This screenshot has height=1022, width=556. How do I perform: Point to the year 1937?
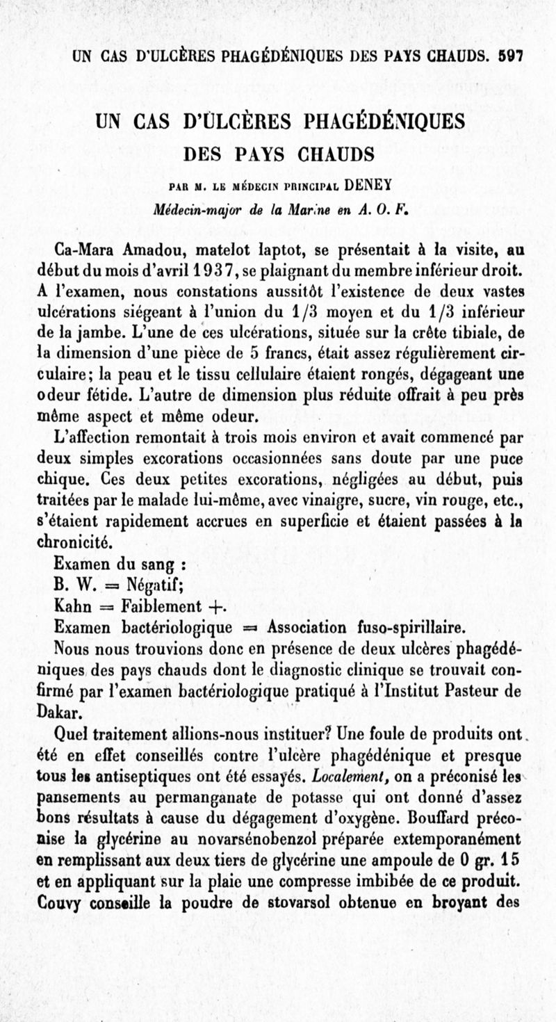(x=207, y=268)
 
